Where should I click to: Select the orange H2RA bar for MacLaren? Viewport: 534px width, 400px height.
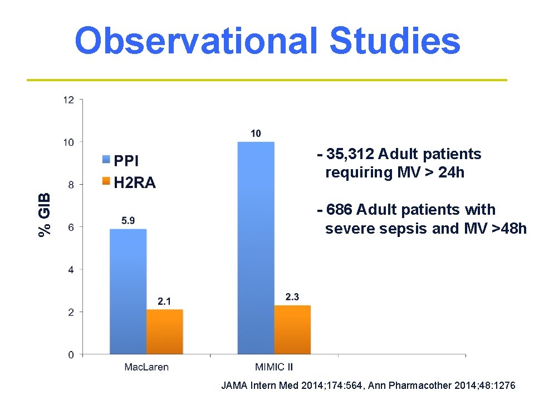164,332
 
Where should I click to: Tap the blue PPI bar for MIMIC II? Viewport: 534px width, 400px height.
256,248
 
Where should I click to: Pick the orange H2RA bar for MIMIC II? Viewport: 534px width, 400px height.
292,329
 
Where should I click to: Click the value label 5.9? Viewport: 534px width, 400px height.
128,220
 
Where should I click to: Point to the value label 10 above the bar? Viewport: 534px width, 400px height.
256,134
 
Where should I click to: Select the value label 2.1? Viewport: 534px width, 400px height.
164,302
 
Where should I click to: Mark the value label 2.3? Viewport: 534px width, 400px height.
292,297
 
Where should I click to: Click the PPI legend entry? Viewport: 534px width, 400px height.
120,161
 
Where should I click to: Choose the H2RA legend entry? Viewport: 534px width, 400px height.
129,183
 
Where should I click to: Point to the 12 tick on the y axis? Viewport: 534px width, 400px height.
68,100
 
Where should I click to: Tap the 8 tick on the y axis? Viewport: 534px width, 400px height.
71,185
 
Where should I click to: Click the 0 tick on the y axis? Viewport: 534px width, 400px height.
71,354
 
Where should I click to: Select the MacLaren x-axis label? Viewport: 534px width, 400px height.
146,367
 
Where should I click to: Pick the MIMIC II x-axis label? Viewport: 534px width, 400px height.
273,367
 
